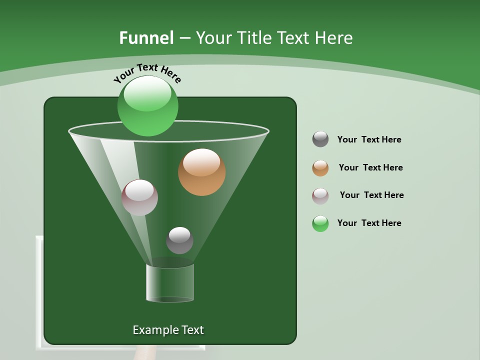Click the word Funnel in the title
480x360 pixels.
pyautogui.click(x=146, y=38)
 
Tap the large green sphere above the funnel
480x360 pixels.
pyautogui.click(x=147, y=106)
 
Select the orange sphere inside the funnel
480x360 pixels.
pyautogui.click(x=201, y=172)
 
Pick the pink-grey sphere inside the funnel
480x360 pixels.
pyautogui.click(x=139, y=197)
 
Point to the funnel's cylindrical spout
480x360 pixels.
pyautogui.click(x=170, y=283)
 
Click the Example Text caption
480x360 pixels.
pyautogui.click(x=168, y=330)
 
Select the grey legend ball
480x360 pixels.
pyautogui.click(x=320, y=139)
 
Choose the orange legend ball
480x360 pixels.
pyautogui.click(x=320, y=168)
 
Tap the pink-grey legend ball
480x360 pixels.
pyautogui.click(x=320, y=195)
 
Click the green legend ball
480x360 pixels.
pyautogui.click(x=320, y=223)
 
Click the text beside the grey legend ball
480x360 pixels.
pyautogui.click(x=369, y=139)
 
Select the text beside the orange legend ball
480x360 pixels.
pyautogui.click(x=370, y=167)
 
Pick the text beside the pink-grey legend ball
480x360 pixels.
pyautogui.click(x=371, y=195)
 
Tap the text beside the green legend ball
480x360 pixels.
pyautogui.click(x=369, y=223)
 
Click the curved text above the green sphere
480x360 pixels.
pyautogui.click(x=147, y=72)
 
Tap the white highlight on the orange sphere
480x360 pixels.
pyautogui.click(x=201, y=162)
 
